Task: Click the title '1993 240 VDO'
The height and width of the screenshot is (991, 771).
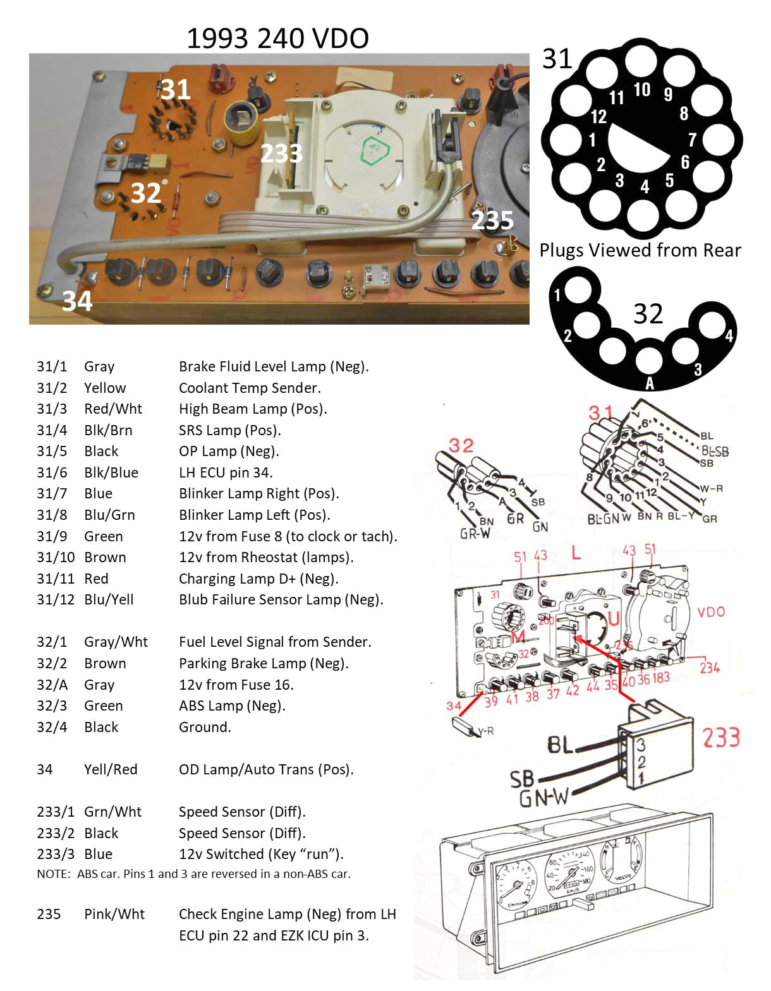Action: tap(277, 39)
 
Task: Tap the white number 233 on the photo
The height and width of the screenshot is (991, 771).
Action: tap(282, 153)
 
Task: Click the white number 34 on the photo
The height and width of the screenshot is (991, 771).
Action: tap(77, 301)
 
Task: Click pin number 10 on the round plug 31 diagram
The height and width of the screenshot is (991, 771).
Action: tap(642, 90)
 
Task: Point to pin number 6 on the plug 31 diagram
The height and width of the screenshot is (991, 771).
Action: tap(685, 162)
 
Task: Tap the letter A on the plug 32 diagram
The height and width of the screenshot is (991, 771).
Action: tap(649, 383)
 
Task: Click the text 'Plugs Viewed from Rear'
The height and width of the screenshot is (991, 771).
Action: tap(640, 250)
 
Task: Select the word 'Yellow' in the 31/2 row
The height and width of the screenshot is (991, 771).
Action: tap(105, 388)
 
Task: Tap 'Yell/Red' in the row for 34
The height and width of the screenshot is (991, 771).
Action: tap(111, 769)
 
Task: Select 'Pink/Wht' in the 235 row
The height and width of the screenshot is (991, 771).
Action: tap(114, 914)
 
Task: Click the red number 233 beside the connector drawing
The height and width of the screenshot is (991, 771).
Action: tap(721, 738)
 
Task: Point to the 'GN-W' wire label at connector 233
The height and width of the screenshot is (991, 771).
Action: tap(543, 799)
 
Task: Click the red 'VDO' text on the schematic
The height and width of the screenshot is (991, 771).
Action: tap(711, 612)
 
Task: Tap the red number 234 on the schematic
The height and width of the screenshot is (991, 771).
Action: tap(710, 667)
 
